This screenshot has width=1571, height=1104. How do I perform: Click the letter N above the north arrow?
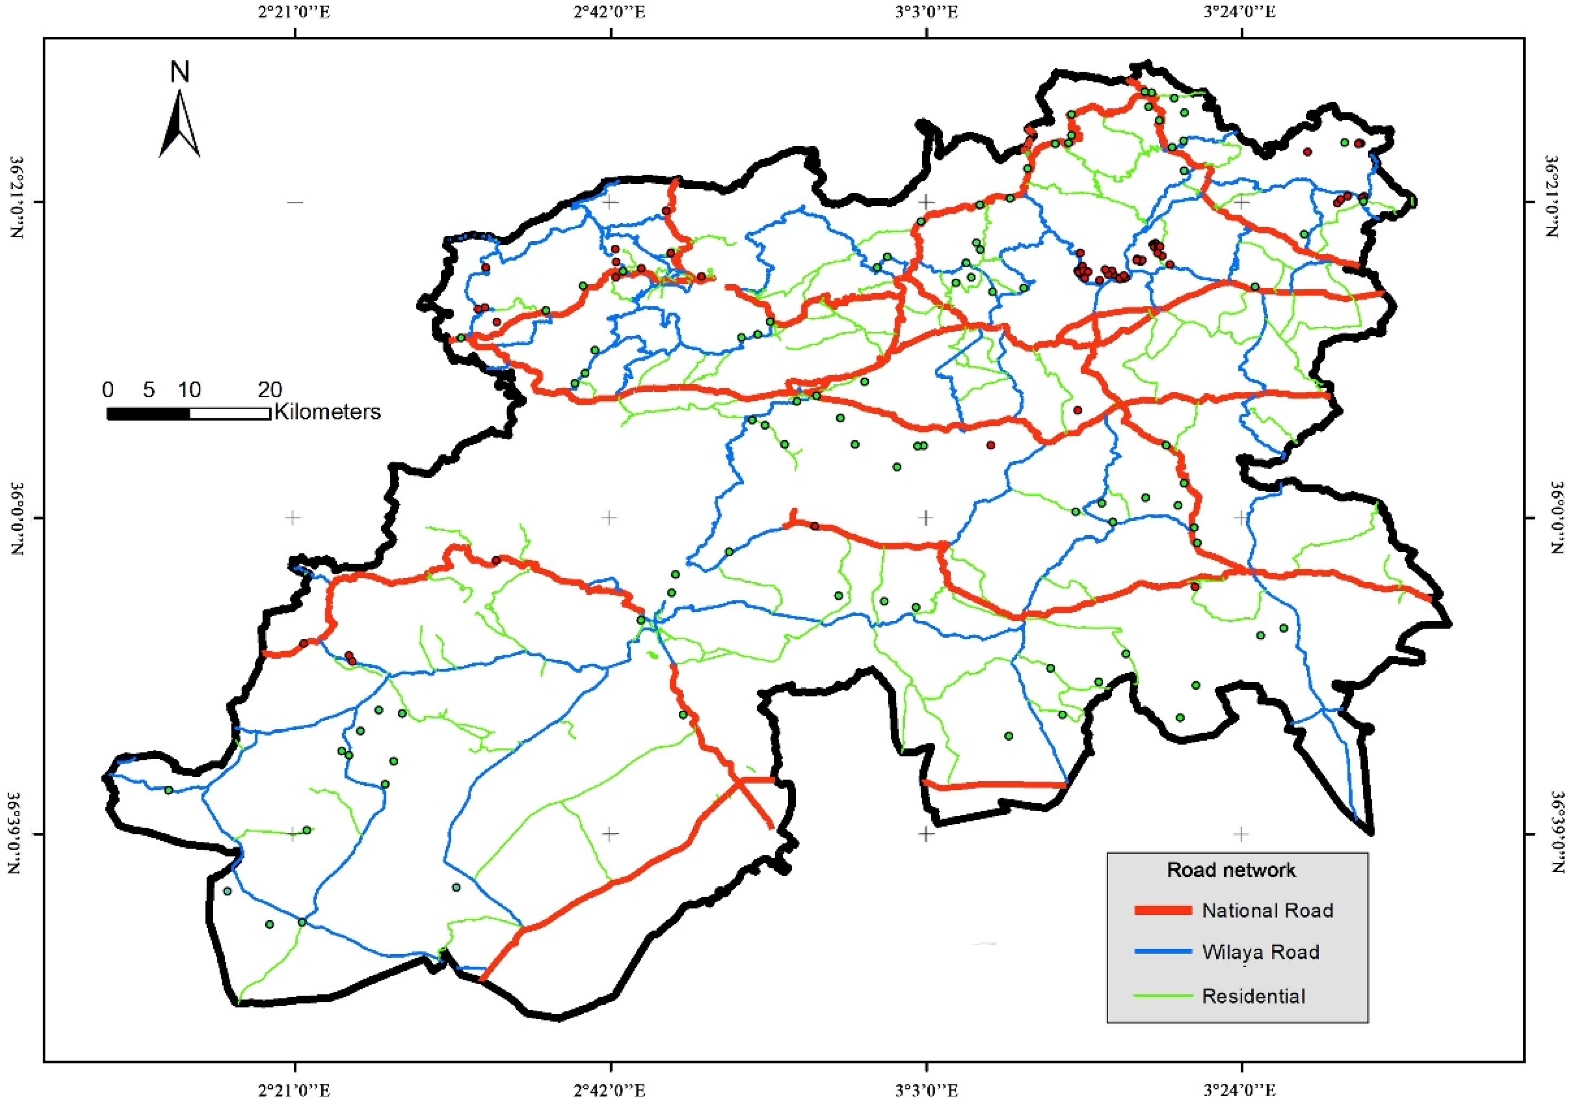coord(180,73)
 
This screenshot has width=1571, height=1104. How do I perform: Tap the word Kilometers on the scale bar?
coord(327,412)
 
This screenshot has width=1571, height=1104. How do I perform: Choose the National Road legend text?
coord(1267,910)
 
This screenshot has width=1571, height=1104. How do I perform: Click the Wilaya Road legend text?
coord(1260,952)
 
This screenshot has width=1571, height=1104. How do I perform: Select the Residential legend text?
coord(1254,996)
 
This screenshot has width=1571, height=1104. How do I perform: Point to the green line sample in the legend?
coord(1163,996)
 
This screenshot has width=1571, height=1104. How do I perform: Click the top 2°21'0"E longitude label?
coord(295,12)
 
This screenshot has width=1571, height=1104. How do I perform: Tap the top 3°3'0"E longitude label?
coord(926,12)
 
